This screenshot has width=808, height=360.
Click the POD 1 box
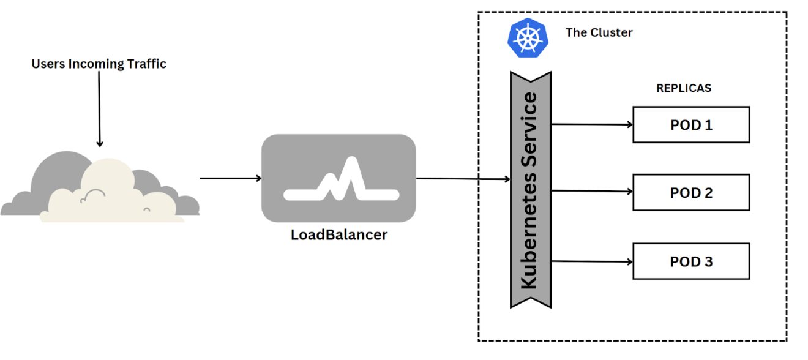690,125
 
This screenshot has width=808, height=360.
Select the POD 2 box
690,193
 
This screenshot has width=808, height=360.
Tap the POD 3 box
690,261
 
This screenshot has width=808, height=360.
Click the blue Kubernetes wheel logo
528,38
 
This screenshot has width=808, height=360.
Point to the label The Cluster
599,32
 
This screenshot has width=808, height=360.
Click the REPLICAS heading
684,88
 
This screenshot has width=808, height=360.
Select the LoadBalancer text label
339,234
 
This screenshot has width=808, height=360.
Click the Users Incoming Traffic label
99,64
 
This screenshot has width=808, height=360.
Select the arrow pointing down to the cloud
99,110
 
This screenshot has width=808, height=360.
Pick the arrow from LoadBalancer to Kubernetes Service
463,179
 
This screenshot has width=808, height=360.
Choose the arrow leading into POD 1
591,124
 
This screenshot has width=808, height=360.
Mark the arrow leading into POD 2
591,192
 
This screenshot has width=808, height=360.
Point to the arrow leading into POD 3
591,261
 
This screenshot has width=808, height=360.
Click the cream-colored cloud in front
110,196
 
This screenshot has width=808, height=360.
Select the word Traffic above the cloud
144,64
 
